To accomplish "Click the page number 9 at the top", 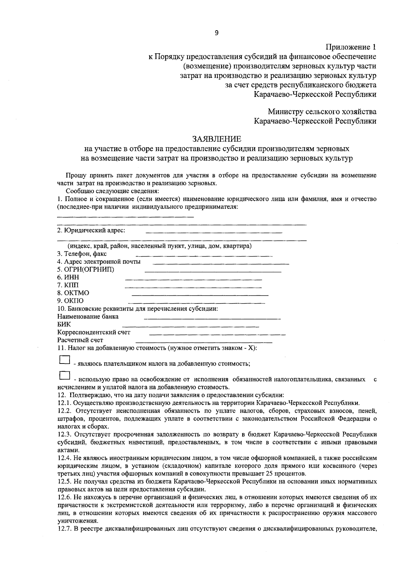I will point(217,33).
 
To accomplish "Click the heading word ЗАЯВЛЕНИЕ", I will point(217,139).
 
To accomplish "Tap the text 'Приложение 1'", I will point(351,47).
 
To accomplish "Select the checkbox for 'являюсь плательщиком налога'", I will point(64,360).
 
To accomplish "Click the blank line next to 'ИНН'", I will point(193,279).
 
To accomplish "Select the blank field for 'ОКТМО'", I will point(200,294).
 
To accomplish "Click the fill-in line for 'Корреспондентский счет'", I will point(217,334).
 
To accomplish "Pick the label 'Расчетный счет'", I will point(80,340).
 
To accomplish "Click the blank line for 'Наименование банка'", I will point(212,318).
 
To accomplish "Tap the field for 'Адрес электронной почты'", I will point(221,263).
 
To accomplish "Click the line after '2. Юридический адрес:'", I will point(214,232).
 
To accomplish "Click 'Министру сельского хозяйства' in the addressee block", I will point(322,111).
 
